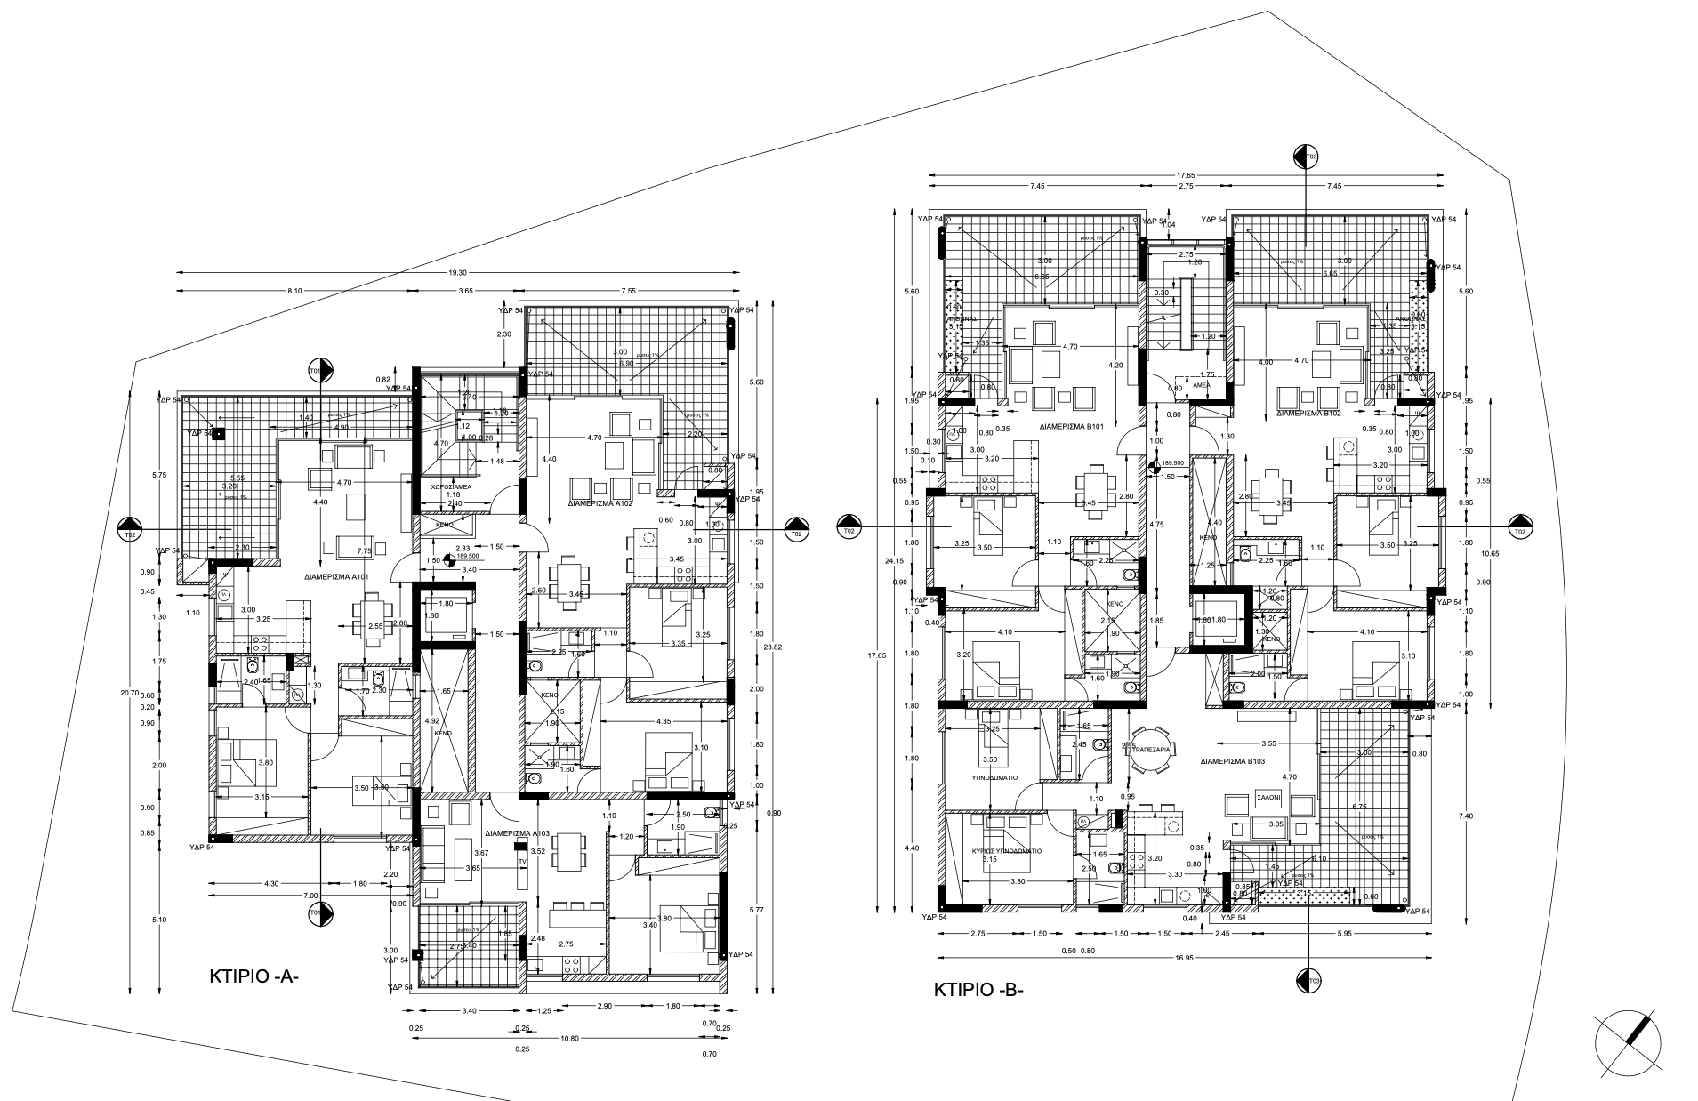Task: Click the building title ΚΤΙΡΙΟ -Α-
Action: (x=253, y=976)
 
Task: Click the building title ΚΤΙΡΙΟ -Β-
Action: (x=978, y=990)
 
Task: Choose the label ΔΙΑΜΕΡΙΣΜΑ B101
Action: (x=1072, y=427)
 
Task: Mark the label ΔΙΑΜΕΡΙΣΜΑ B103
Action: (x=1232, y=762)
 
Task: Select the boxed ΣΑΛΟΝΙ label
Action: (x=1267, y=799)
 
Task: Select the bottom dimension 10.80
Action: (x=569, y=1039)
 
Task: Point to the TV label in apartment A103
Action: (x=522, y=862)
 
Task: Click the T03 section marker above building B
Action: (x=1306, y=157)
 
